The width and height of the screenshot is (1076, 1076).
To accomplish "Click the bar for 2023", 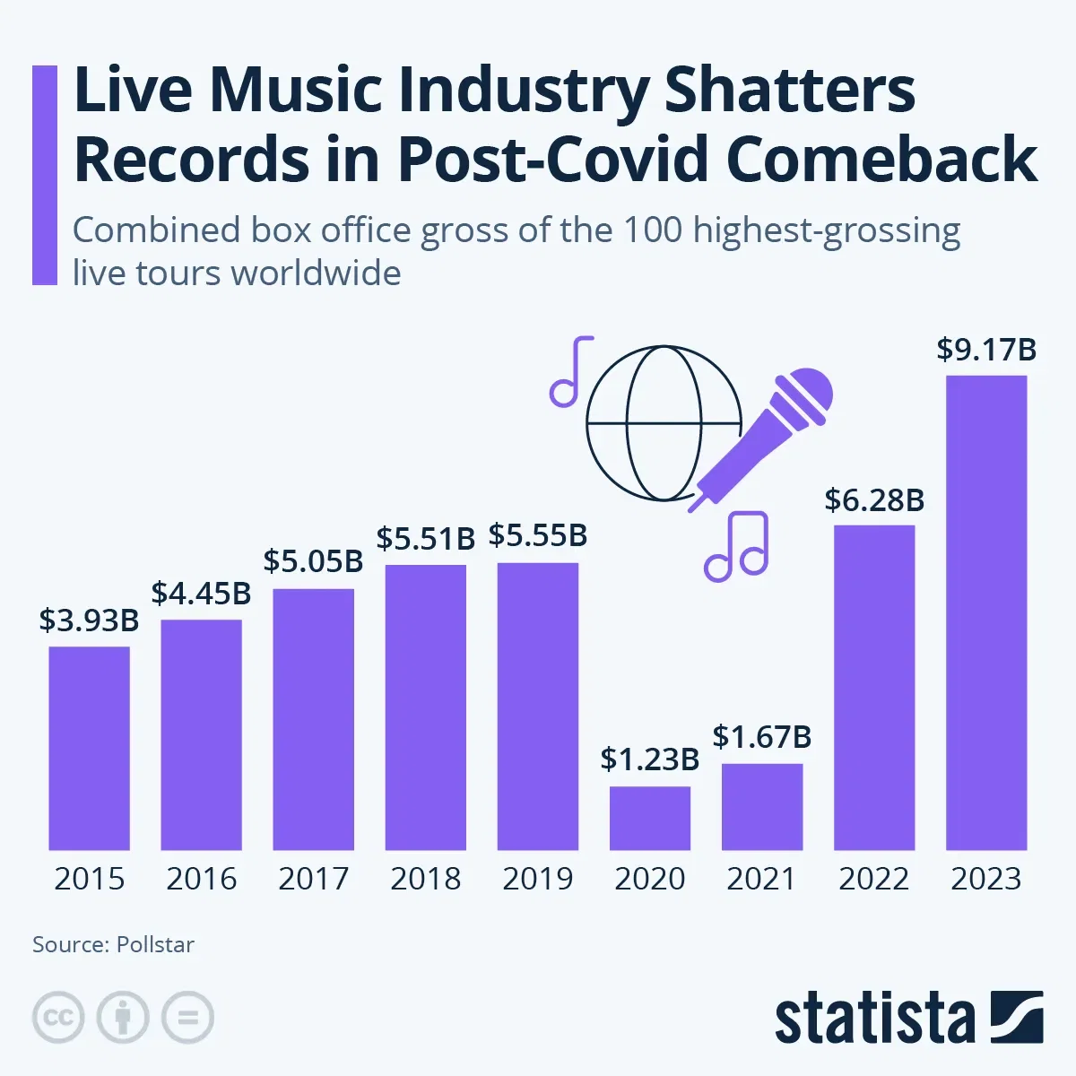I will [986, 612].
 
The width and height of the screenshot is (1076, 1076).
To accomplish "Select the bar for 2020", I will [650, 818].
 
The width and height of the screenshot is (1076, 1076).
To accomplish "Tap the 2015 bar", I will [89, 748].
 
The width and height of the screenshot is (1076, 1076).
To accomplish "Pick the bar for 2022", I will [874, 687].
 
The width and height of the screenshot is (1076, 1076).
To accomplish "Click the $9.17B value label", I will [986, 349].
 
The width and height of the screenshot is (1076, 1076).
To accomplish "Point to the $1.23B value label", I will [650, 759].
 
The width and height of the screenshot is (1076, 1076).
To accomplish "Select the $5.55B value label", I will [538, 536].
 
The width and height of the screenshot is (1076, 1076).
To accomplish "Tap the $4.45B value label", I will [201, 594].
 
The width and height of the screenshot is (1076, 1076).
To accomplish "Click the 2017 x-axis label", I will [314, 879].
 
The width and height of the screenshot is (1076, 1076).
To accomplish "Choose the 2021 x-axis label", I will [762, 879].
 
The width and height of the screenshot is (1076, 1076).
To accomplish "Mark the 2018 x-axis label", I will [426, 879].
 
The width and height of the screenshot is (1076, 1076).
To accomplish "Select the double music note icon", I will [738, 546].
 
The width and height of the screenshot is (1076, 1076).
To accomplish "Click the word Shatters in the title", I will [791, 91].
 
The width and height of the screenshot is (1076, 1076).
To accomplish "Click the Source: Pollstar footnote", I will [113, 944].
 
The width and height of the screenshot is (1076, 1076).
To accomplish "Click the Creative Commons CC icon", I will [58, 1018].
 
